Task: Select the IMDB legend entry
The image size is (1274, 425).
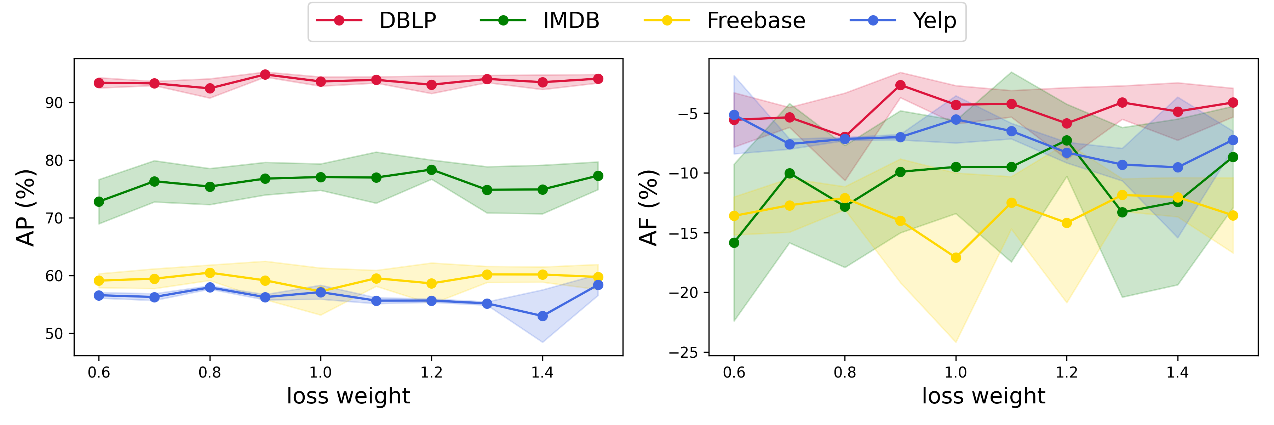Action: point(571,21)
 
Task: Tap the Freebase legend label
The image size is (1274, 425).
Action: point(756,21)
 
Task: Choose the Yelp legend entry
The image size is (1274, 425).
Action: point(934,21)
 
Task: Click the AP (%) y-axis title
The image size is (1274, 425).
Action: point(26,208)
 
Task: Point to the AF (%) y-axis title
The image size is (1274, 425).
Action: point(648,208)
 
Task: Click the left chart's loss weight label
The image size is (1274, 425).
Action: point(348,396)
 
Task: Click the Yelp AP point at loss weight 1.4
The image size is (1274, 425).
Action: point(543,316)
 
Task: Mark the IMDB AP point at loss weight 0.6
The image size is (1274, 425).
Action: point(99,202)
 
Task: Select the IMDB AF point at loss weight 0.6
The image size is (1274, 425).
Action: point(734,243)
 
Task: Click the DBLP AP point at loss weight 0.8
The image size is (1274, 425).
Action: point(210,89)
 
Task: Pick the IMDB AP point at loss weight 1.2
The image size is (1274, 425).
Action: point(431,170)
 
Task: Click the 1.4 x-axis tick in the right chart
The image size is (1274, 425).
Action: point(1177,372)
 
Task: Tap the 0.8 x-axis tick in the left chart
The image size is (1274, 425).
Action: point(210,372)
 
